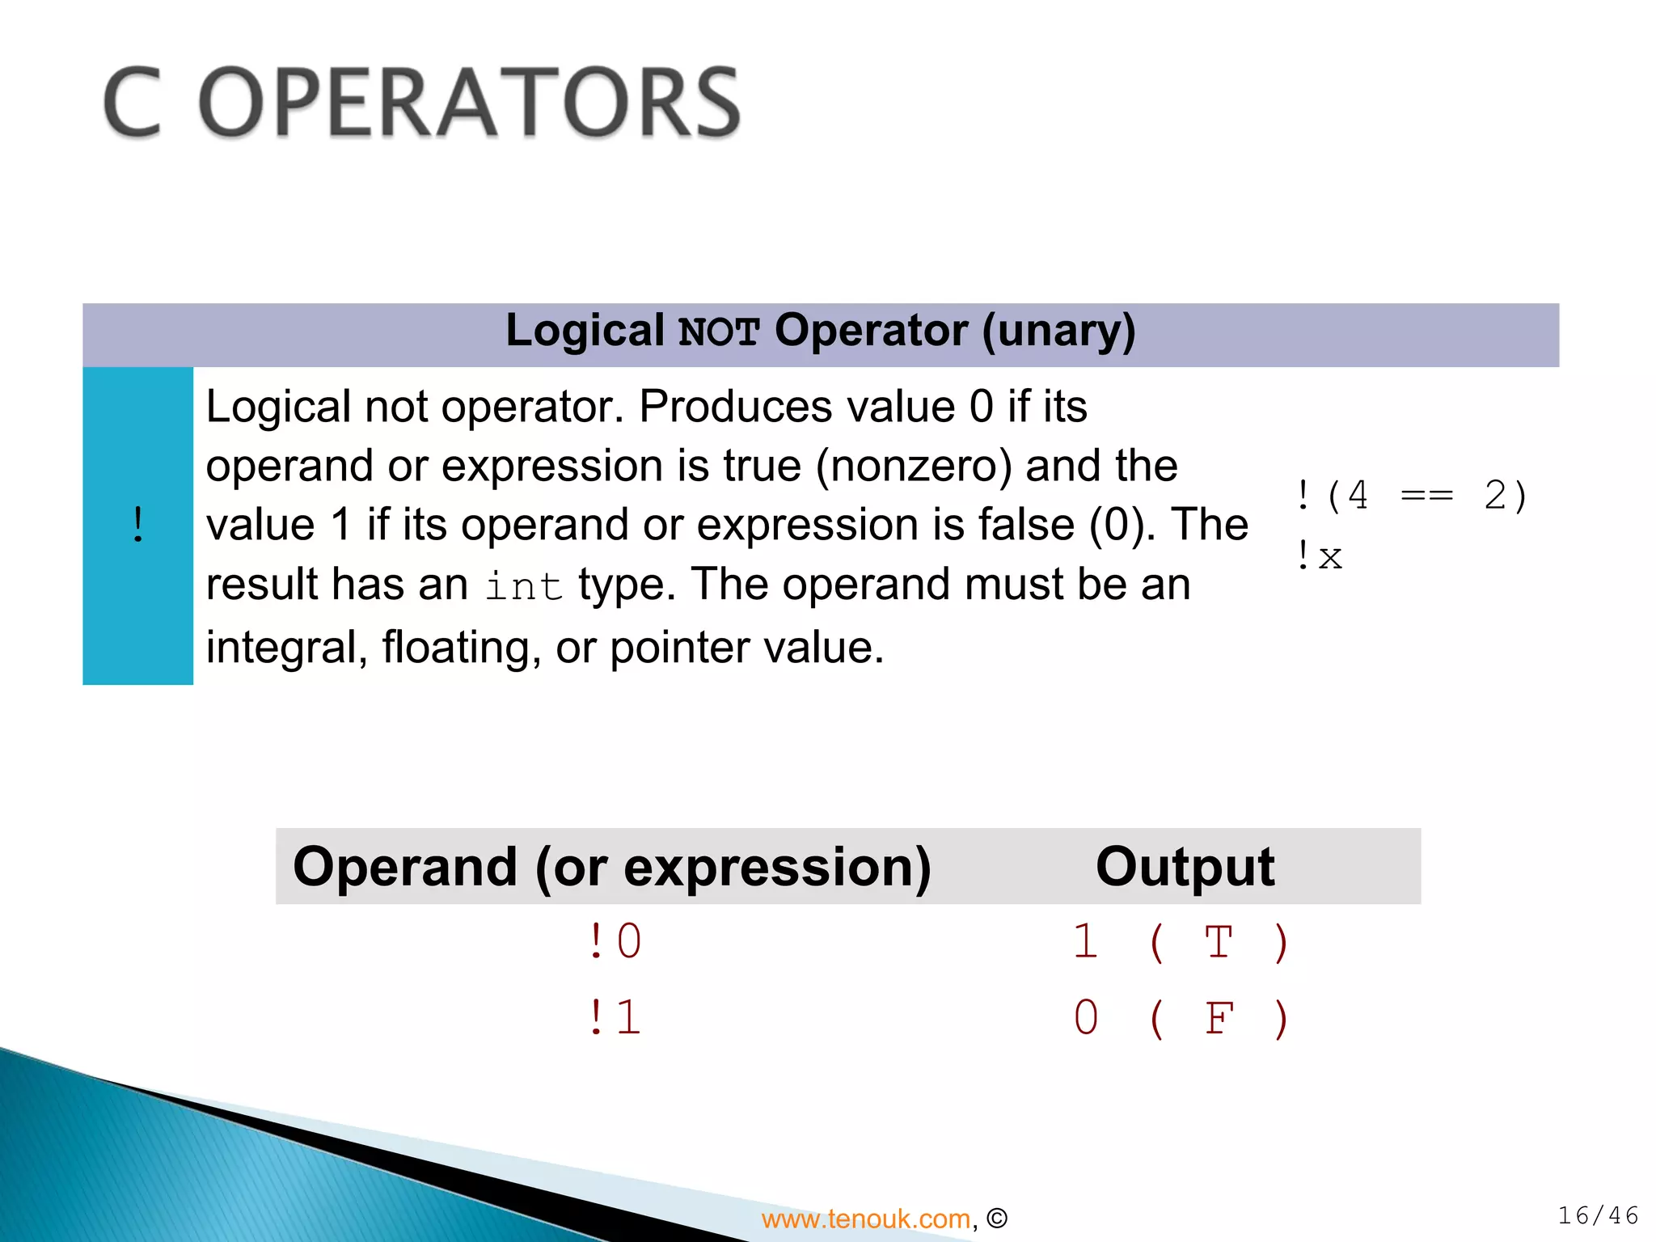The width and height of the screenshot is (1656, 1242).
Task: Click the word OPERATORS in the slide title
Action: point(469,103)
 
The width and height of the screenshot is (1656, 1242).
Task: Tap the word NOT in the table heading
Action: point(718,332)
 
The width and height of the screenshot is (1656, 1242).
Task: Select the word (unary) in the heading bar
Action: point(1058,331)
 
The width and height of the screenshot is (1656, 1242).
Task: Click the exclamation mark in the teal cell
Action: point(138,526)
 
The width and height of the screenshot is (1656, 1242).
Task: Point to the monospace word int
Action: point(523,585)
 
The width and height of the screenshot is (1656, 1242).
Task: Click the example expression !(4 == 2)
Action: point(1411,495)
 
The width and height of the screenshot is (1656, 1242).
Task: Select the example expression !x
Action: point(1319,556)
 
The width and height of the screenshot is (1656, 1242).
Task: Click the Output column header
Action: point(1185,866)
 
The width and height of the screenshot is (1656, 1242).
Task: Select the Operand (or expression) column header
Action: point(612,866)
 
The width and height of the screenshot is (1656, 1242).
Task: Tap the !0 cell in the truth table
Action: point(615,942)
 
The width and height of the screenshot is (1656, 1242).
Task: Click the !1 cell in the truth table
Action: point(615,1017)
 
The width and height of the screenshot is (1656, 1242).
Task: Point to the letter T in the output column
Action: point(1218,942)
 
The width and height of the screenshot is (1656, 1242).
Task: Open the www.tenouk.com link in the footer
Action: point(865,1219)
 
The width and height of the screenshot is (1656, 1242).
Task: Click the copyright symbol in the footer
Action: point(997,1219)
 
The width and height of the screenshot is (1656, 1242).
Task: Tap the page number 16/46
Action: point(1598,1215)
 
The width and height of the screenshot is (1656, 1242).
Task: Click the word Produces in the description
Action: point(735,406)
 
